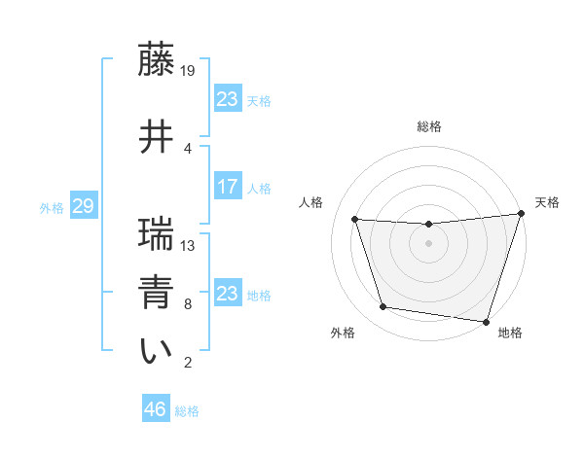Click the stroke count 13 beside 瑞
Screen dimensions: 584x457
[189, 245]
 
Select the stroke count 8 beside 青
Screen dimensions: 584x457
[187, 303]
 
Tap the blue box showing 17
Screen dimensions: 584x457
[227, 187]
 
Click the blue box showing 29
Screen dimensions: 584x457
[83, 207]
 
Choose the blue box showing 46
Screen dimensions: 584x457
[155, 409]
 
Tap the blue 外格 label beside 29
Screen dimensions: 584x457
[52, 208]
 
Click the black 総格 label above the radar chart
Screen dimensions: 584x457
[428, 126]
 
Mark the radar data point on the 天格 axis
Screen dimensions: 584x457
[521, 214]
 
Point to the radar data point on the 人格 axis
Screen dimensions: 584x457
[355, 220]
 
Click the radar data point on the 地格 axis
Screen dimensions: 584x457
[486, 321]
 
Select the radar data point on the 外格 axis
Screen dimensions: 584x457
[383, 307]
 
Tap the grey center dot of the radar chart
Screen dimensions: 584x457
[428, 244]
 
